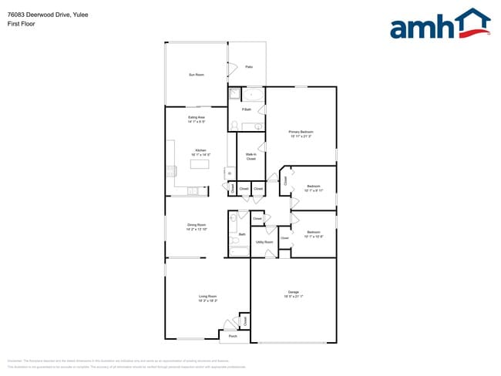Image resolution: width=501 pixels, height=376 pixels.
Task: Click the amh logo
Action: click(439, 25)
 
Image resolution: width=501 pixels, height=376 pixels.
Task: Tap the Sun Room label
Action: click(197, 75)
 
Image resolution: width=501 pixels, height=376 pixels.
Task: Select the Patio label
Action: click(249, 67)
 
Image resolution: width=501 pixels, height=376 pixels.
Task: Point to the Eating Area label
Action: click(196, 117)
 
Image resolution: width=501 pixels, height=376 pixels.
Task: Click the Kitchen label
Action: click(200, 149)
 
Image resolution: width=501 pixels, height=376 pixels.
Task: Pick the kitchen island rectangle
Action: click(200, 164)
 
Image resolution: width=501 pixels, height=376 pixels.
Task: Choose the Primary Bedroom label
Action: click(301, 132)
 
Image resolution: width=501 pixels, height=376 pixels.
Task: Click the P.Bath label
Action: click(247, 110)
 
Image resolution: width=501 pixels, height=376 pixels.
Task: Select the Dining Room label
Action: click(197, 225)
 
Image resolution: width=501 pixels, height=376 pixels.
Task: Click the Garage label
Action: click(293, 291)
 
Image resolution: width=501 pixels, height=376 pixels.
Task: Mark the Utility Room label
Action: click(264, 242)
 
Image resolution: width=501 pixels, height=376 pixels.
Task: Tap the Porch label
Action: click(233, 336)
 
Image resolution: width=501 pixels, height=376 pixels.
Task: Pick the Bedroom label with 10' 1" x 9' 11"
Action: click(314, 186)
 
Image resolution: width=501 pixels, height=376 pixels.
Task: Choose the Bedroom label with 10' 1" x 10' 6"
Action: click(313, 231)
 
